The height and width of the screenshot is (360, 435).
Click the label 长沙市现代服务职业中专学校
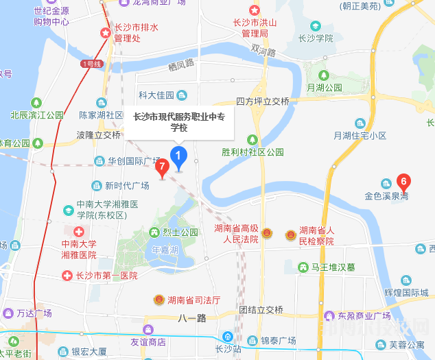(178, 122)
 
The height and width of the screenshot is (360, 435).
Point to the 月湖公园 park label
(325, 88)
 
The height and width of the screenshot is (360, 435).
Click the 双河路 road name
(263, 51)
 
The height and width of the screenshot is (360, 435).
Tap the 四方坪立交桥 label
(263, 101)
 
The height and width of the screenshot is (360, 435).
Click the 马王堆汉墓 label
(332, 268)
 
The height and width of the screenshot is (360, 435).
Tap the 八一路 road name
(191, 318)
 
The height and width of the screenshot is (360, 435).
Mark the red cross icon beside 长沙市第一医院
(67, 276)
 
